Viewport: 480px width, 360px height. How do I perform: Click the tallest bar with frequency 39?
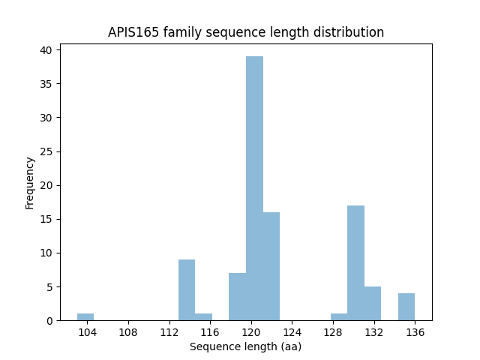(x=254, y=188)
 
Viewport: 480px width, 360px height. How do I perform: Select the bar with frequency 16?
(x=271, y=266)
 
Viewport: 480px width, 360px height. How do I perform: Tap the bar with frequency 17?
(x=355, y=262)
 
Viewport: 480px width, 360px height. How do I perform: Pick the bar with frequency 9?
(x=187, y=289)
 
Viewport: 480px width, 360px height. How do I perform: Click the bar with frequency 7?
(x=237, y=296)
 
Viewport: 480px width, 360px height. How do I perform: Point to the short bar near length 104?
(x=85, y=317)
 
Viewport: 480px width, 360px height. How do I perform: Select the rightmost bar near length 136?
(x=406, y=307)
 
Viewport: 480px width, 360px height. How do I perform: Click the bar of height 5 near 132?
(x=373, y=303)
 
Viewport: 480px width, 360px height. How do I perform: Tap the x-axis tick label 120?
(x=251, y=332)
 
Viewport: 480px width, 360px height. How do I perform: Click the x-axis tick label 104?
(x=88, y=332)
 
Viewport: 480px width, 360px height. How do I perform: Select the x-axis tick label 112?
(x=169, y=332)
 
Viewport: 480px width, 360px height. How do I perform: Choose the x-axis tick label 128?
(x=333, y=332)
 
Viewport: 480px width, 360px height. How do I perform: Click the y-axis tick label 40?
(x=46, y=50)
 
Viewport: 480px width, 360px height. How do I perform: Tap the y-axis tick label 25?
(x=46, y=151)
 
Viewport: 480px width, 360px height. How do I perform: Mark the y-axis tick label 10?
(x=46, y=253)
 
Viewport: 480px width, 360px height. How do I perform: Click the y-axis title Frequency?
(x=30, y=182)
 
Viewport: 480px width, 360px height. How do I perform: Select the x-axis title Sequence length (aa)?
(x=245, y=346)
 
